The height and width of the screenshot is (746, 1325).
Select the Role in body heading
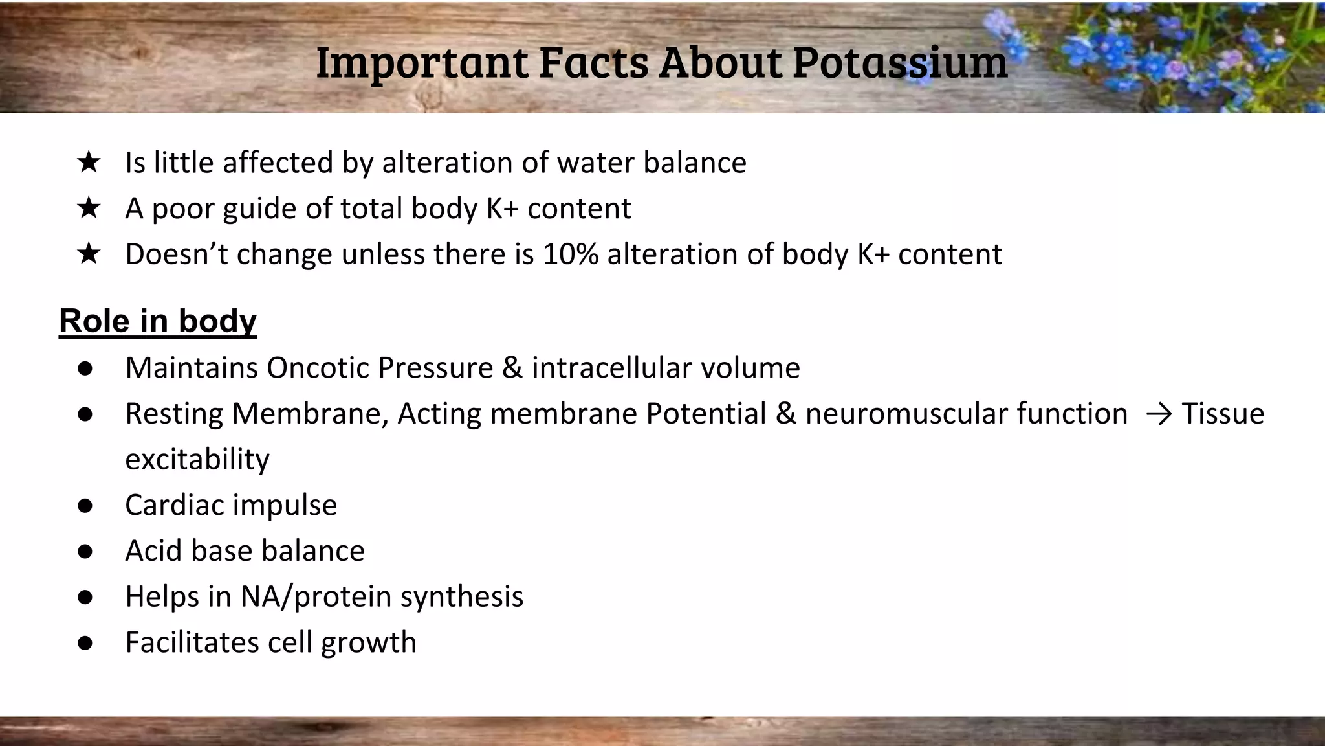(158, 321)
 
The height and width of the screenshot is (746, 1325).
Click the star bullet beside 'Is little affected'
(88, 162)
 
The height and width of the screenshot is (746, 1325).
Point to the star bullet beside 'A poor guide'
(88, 208)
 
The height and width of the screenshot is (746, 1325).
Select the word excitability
(197, 459)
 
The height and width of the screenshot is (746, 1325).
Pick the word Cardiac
(169, 505)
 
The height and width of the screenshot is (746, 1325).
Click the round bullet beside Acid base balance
(85, 551)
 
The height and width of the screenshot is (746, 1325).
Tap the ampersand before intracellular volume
(512, 368)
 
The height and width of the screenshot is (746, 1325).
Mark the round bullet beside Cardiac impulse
(85, 505)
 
